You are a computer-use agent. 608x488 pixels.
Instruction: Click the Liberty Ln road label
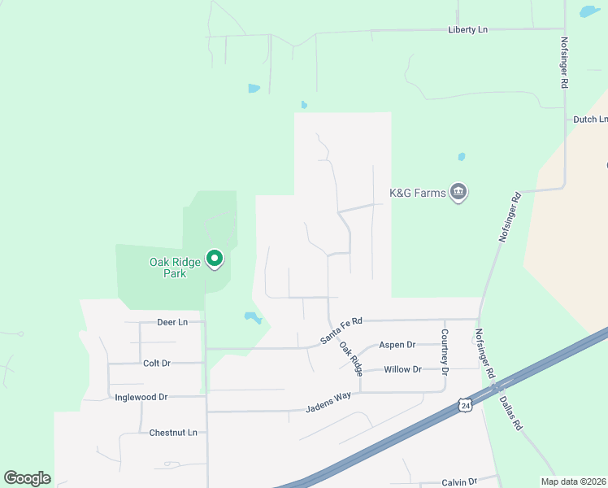click(x=467, y=29)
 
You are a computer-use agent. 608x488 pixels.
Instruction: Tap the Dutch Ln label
click(x=591, y=119)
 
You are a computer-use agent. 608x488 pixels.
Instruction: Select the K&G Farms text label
click(x=418, y=193)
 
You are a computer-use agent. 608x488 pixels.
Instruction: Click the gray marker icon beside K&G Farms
click(x=458, y=193)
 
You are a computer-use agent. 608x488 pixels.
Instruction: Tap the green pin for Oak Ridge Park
click(x=215, y=259)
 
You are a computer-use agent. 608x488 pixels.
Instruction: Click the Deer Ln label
click(x=172, y=322)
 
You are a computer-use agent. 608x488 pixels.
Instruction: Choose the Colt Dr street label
click(x=156, y=364)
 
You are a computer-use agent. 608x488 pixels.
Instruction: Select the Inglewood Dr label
click(x=141, y=397)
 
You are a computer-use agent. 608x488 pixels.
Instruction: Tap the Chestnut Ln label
click(x=173, y=433)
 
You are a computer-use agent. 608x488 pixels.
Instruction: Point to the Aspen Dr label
click(x=397, y=345)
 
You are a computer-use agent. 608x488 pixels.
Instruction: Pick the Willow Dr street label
click(x=403, y=369)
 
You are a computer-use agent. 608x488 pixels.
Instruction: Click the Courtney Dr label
click(x=445, y=351)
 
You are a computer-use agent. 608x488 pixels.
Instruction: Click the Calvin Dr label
click(x=458, y=481)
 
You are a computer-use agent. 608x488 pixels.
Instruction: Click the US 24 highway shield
click(x=463, y=404)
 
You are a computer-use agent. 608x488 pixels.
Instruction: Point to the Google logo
click(x=27, y=478)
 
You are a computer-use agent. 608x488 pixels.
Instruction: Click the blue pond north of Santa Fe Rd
click(x=253, y=316)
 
